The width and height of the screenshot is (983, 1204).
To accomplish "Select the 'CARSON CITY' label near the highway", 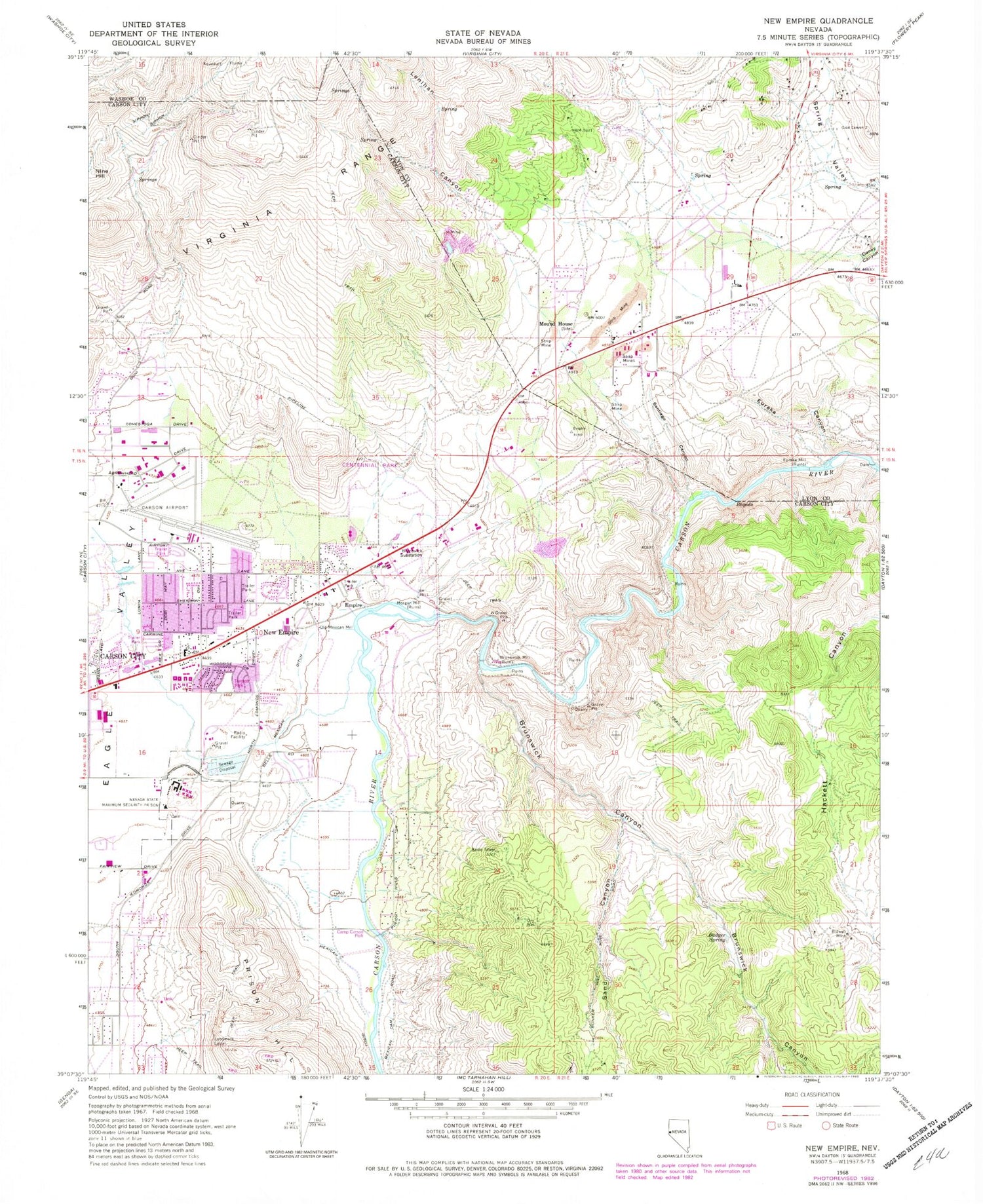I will click(123, 656).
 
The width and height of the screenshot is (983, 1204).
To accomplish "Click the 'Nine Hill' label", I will click(103, 174).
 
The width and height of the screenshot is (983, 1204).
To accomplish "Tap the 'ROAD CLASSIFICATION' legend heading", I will click(811, 1095).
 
